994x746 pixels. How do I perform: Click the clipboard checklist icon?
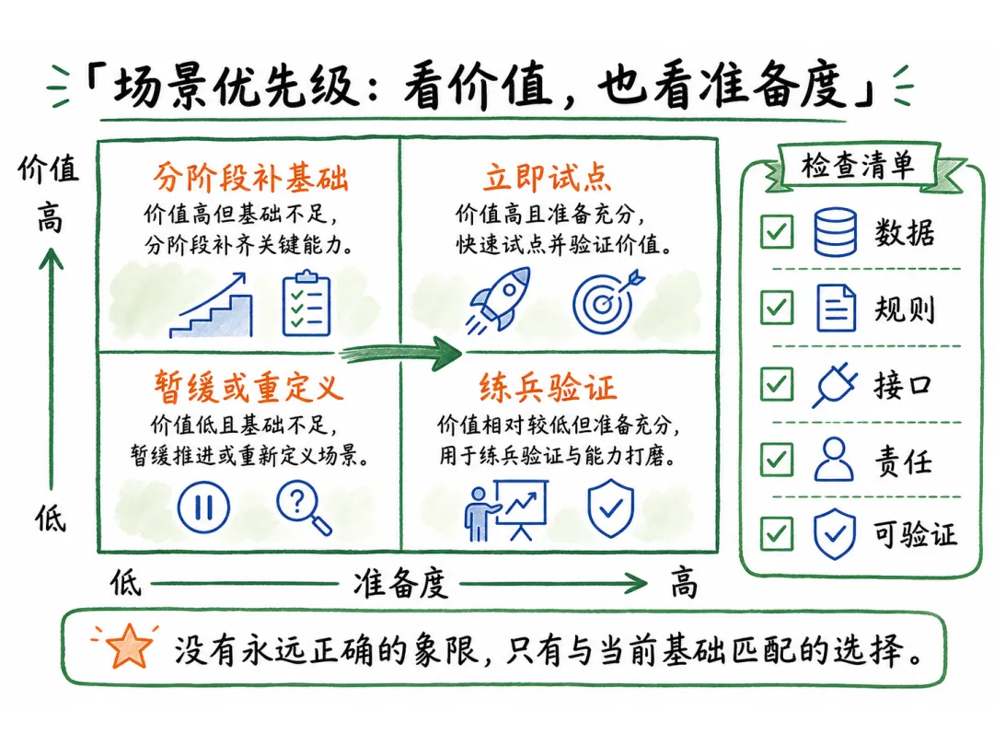click(306, 304)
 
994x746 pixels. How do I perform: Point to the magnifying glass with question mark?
click(304, 507)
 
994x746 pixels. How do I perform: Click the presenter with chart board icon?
click(506, 510)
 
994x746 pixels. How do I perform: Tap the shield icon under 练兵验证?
click(610, 508)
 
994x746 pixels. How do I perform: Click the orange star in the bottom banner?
click(129, 646)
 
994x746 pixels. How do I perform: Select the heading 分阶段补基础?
click(250, 177)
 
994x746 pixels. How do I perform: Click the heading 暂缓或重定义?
click(249, 386)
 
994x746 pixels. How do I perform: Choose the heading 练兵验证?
click(547, 386)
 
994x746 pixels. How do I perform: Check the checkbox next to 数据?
click(777, 231)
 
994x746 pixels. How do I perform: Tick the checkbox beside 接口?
click(777, 384)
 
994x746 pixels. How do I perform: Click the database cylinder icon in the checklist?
click(835, 231)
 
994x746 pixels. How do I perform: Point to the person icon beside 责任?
click(834, 460)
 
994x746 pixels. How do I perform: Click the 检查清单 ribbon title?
click(858, 166)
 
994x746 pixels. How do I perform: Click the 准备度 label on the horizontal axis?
click(400, 584)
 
